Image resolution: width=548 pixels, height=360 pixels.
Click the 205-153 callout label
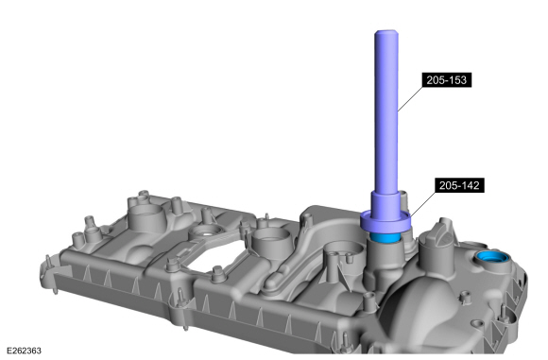447,80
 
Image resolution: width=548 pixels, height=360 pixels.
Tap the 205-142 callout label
459,185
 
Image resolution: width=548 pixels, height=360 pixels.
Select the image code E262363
24,351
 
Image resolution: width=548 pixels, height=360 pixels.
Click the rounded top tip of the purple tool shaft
386,32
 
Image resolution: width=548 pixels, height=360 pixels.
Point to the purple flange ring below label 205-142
385,223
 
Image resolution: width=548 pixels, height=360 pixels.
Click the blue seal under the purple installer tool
385,237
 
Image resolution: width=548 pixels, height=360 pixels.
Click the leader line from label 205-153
410,99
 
